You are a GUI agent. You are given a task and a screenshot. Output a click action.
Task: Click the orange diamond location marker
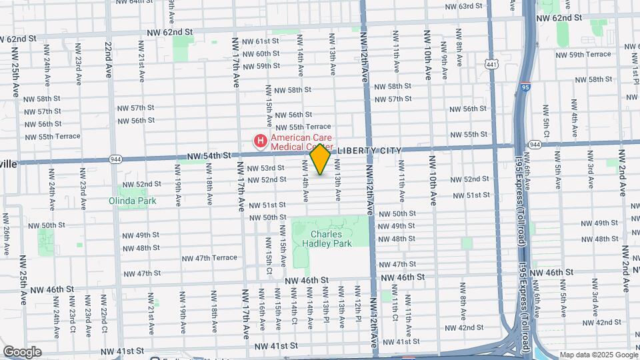(x=321, y=159)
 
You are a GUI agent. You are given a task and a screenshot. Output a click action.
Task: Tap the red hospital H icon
(x=260, y=141)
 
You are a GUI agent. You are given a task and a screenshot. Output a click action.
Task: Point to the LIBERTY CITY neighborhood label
(x=369, y=151)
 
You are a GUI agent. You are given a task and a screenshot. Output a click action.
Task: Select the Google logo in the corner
(x=22, y=352)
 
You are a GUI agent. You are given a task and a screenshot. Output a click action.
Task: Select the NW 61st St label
(x=261, y=41)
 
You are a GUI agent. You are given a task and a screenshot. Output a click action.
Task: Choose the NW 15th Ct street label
(x=269, y=261)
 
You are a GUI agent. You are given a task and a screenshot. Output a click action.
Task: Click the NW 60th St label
(x=261, y=54)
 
